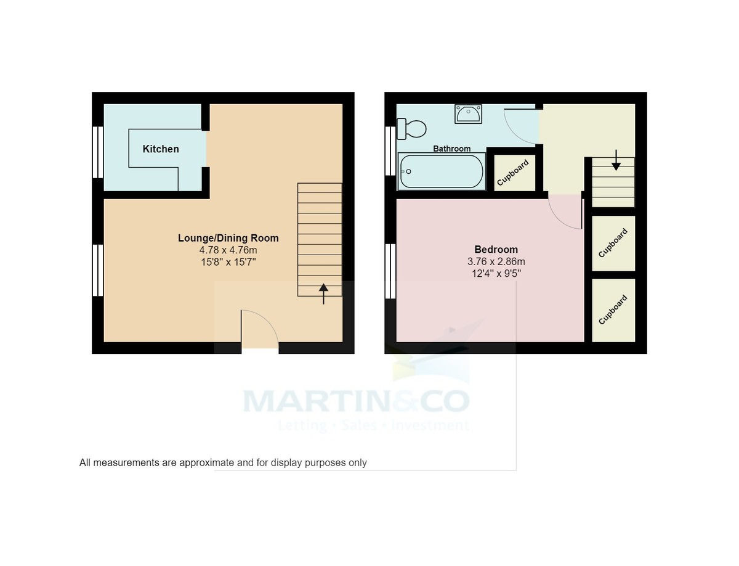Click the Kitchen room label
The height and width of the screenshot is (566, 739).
[161, 149]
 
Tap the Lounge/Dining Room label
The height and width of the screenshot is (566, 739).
[228, 238]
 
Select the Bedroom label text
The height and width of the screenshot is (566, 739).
[496, 250]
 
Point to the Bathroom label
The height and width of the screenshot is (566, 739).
[451, 149]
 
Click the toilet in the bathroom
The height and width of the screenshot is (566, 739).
[412, 129]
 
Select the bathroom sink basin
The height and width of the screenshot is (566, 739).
[469, 114]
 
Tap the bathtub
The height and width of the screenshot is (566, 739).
[442, 172]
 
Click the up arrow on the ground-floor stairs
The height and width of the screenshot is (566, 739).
[323, 293]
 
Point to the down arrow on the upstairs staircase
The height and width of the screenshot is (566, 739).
[615, 161]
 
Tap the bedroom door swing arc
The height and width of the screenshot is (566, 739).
[564, 212]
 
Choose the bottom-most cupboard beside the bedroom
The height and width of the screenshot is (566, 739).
[613, 310]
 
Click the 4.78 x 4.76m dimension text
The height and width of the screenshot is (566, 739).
[228, 250]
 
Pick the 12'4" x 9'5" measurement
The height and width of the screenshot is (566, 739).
[496, 274]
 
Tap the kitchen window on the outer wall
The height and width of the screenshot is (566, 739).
[97, 152]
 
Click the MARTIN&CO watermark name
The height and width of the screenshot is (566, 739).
[357, 401]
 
